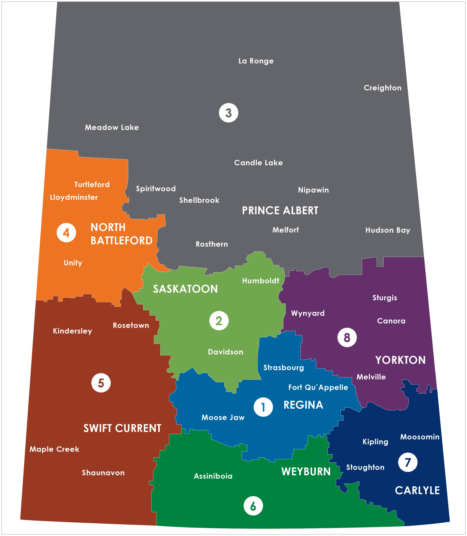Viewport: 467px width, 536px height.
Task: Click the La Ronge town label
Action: [x=256, y=61]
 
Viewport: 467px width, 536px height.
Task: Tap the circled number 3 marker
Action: [x=229, y=113]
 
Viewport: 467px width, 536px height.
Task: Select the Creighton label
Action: [x=382, y=88]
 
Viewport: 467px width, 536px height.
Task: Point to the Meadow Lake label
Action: [x=112, y=128]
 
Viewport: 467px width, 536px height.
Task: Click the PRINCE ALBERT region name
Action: [x=280, y=210]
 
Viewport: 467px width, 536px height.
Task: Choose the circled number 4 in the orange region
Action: [x=66, y=233]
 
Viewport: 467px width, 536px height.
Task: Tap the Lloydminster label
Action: [x=74, y=197]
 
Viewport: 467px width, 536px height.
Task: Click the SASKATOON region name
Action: [x=185, y=289]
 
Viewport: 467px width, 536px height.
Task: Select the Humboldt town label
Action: [x=261, y=281]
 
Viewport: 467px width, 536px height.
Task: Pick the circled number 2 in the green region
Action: [x=219, y=320]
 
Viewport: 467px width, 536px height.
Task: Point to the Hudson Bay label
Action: [x=388, y=230]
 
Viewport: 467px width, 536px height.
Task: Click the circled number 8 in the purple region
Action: [x=347, y=337]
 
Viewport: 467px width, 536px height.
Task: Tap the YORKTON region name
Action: [x=400, y=360]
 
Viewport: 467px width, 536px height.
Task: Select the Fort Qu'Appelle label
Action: [x=318, y=388]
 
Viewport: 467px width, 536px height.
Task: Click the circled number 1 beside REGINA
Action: [x=263, y=407]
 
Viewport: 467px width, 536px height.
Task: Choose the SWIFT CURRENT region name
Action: [x=122, y=428]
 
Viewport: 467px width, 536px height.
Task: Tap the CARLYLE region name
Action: [x=417, y=490]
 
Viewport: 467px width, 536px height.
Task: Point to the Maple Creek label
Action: [x=54, y=449]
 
